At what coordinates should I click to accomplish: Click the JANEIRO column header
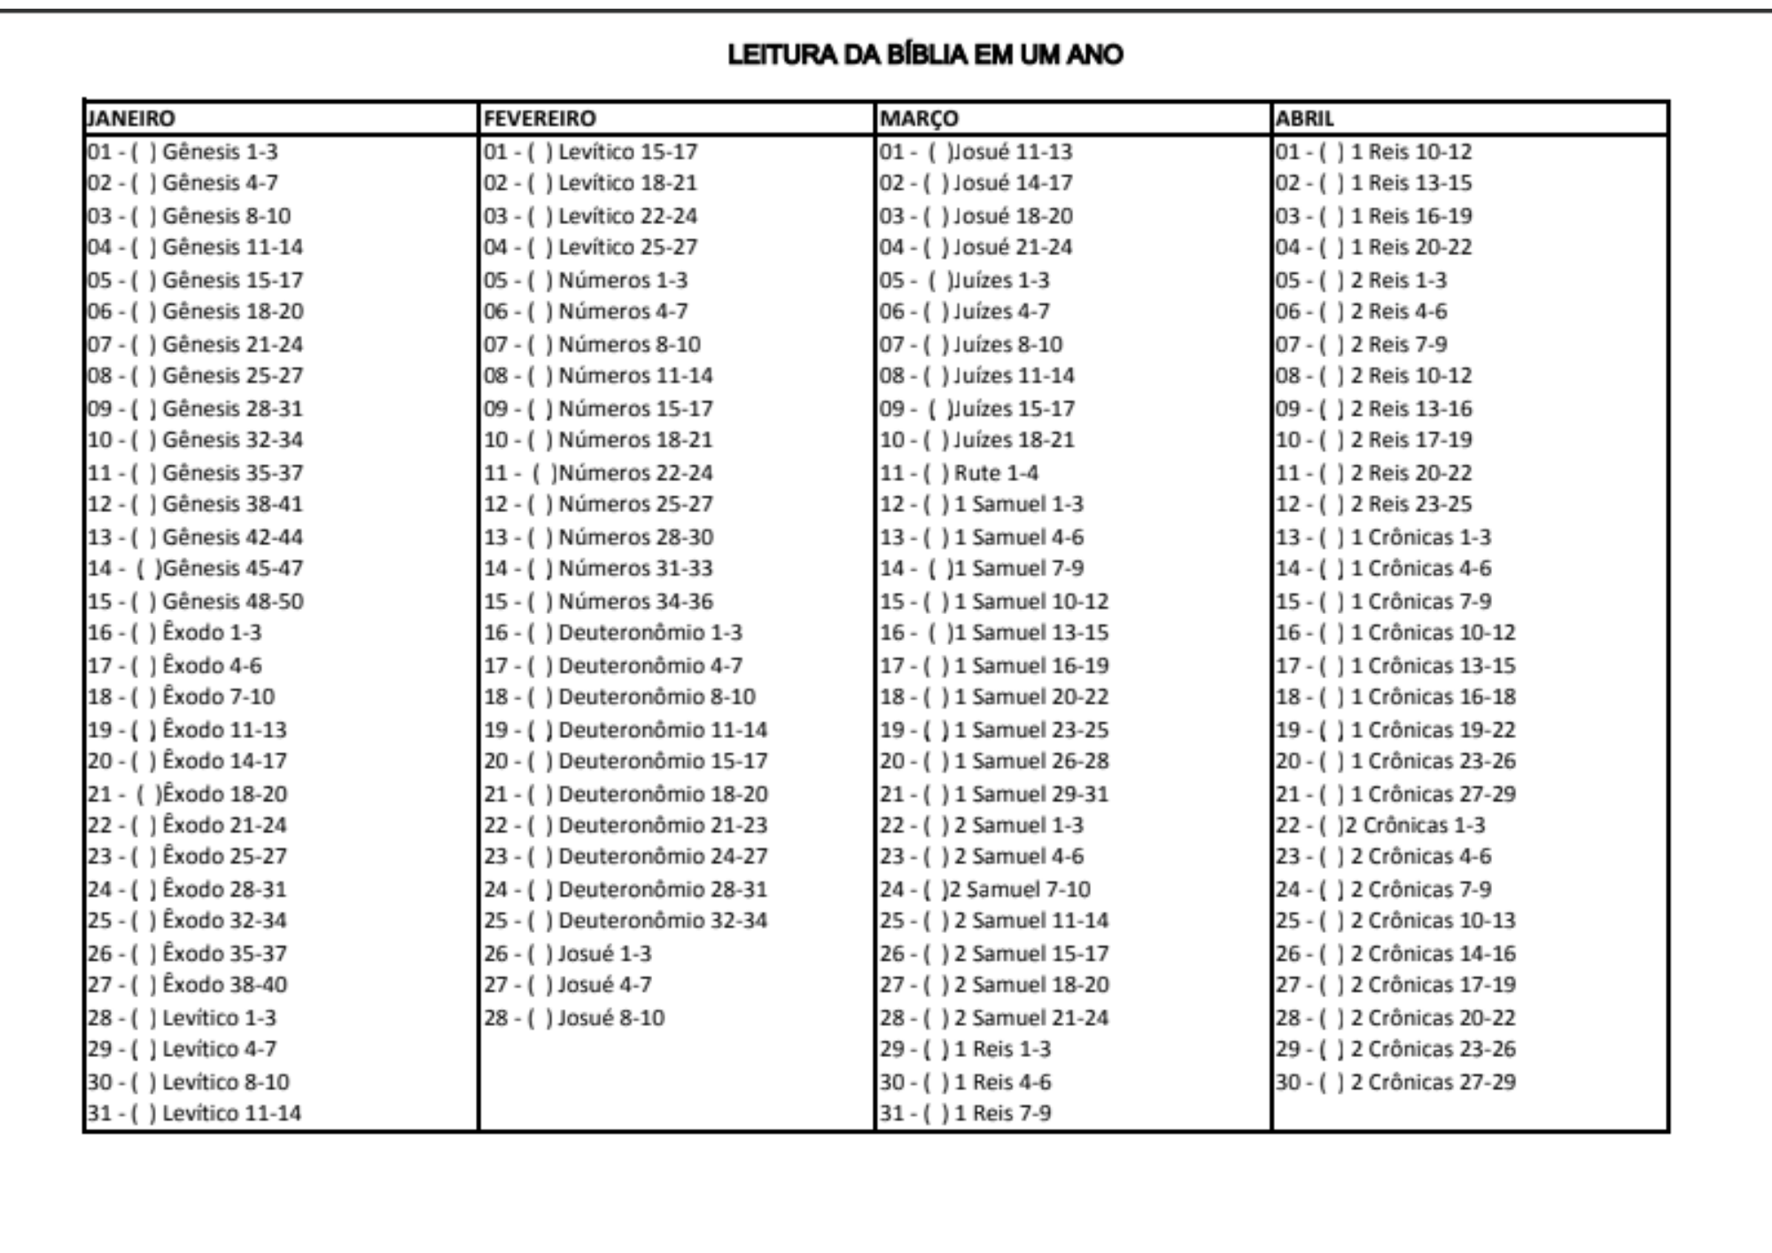click(131, 118)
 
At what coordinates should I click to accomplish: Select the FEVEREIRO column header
click(540, 118)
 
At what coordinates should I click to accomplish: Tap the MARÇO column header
click(919, 118)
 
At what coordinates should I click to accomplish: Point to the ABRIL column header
click(1304, 118)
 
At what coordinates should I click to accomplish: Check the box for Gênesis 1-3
click(144, 152)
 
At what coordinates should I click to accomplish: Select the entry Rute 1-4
click(996, 472)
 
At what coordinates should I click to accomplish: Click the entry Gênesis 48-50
click(232, 601)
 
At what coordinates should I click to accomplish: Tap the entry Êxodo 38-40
click(225, 984)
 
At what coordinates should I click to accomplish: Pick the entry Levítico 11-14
click(231, 1113)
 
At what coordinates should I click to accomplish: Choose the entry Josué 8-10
click(610, 1017)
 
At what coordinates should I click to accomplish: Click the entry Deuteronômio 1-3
click(650, 633)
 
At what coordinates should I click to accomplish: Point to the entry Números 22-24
click(635, 472)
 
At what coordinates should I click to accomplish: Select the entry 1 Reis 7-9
click(1002, 1113)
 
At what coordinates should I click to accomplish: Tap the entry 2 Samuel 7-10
click(1019, 889)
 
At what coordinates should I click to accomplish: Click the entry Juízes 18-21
click(1014, 440)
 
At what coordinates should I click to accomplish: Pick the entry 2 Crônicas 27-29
click(1433, 1082)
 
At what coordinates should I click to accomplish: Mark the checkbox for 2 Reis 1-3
click(1332, 280)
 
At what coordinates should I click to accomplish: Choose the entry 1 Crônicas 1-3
click(1420, 537)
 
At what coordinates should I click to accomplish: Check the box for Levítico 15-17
click(540, 152)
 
